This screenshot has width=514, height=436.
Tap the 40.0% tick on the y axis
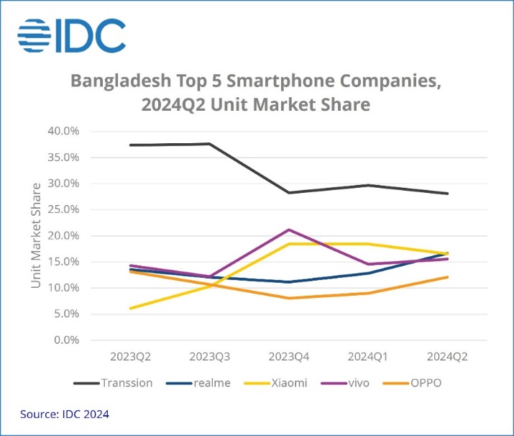[64, 132]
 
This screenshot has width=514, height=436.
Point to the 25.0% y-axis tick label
[64, 209]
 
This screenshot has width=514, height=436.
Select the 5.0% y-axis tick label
[67, 314]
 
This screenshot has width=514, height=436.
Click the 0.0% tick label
[67, 340]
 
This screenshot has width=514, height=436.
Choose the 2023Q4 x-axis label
[288, 357]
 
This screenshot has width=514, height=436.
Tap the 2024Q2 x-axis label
[446, 357]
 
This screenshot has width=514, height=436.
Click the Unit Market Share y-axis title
[36, 235]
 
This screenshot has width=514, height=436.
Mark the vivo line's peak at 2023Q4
[288, 230]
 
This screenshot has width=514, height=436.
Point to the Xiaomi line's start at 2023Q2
[130, 308]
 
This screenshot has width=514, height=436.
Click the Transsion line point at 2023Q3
[209, 144]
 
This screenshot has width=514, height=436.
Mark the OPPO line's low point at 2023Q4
[288, 298]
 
